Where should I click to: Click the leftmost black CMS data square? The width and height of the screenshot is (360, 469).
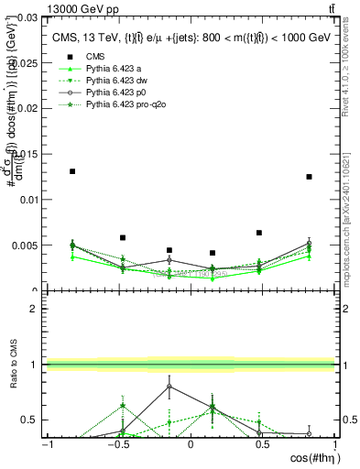pyautogui.click(x=72, y=171)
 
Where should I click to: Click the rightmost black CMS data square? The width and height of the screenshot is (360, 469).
pyautogui.click(x=310, y=177)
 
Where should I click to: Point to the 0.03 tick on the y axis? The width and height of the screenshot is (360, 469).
pyautogui.click(x=29, y=17)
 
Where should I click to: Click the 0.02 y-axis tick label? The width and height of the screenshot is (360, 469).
pyautogui.click(x=29, y=108)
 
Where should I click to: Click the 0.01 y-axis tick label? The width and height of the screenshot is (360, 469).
pyautogui.click(x=29, y=200)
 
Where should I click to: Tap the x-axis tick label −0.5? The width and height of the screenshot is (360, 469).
pyautogui.click(x=117, y=445)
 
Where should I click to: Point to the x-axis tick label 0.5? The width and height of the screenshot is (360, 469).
pyautogui.click(x=262, y=445)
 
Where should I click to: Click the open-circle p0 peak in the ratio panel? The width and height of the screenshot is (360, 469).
pyautogui.click(x=169, y=387)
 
